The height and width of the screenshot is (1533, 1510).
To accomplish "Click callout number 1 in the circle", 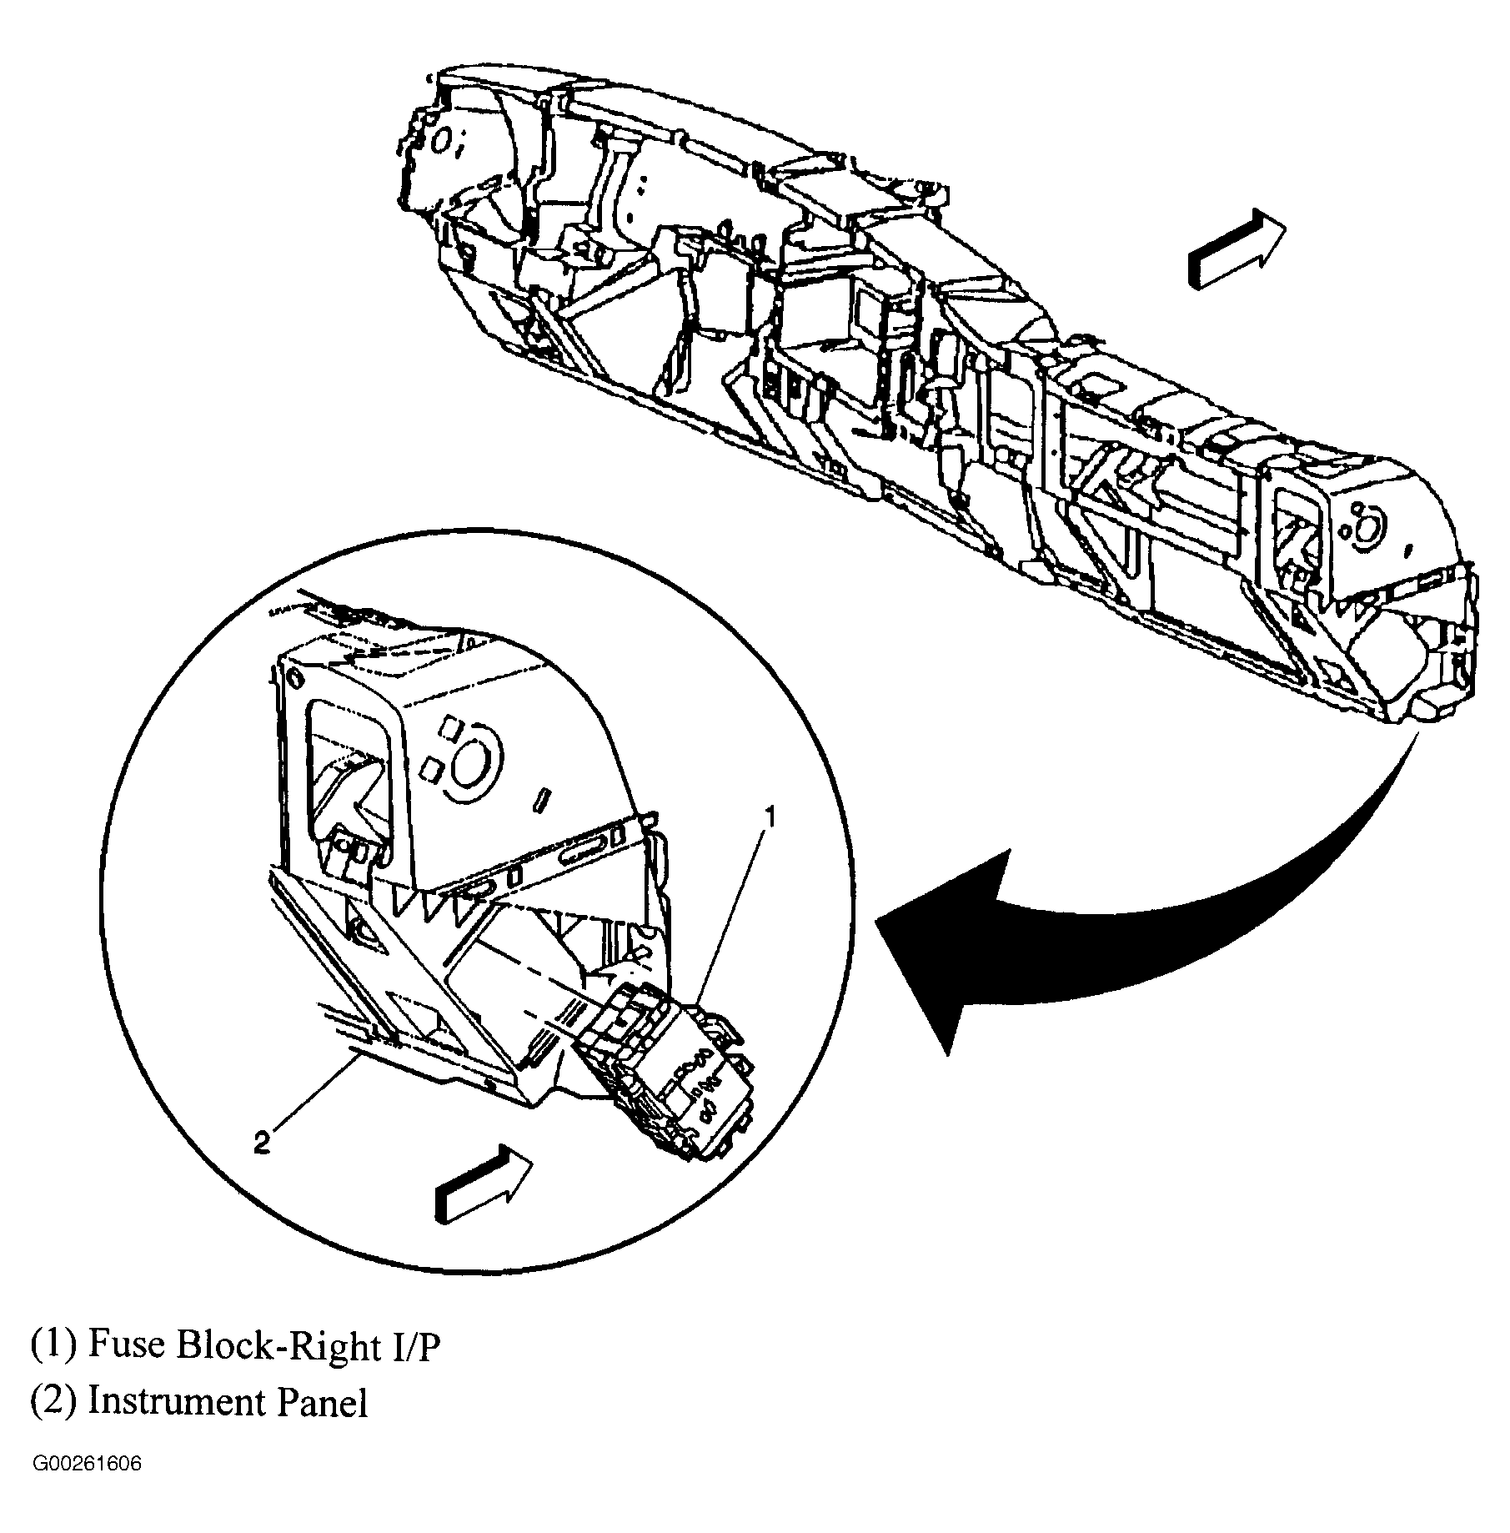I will (x=770, y=817).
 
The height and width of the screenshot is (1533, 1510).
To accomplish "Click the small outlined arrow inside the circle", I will (x=484, y=1184).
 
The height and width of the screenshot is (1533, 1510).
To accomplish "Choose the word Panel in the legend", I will (x=322, y=1403).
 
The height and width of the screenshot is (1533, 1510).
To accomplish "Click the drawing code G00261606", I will (x=87, y=1487).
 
